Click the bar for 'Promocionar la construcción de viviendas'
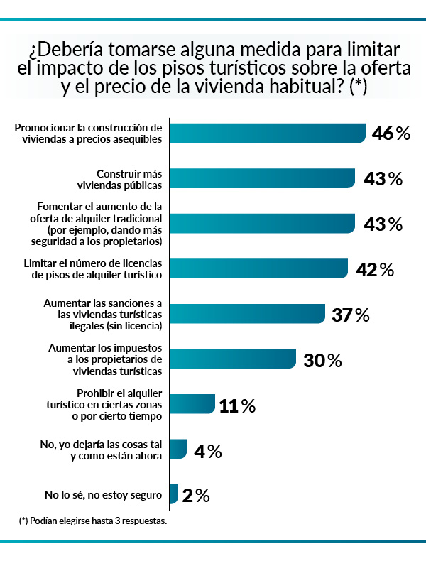click(x=268, y=134)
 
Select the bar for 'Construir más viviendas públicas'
click(x=262, y=178)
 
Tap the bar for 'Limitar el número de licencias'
click(x=258, y=268)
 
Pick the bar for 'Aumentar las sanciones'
click(x=247, y=314)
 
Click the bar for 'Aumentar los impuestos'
click(x=233, y=359)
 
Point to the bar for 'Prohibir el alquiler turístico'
click(x=192, y=405)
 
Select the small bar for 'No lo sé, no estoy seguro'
click(x=174, y=494)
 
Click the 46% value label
click(x=391, y=134)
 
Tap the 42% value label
click(x=373, y=269)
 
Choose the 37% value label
click(x=350, y=315)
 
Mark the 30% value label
click(x=322, y=360)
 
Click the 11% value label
click(x=237, y=405)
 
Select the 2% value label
click(x=195, y=495)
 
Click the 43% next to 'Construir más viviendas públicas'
click(x=382, y=179)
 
